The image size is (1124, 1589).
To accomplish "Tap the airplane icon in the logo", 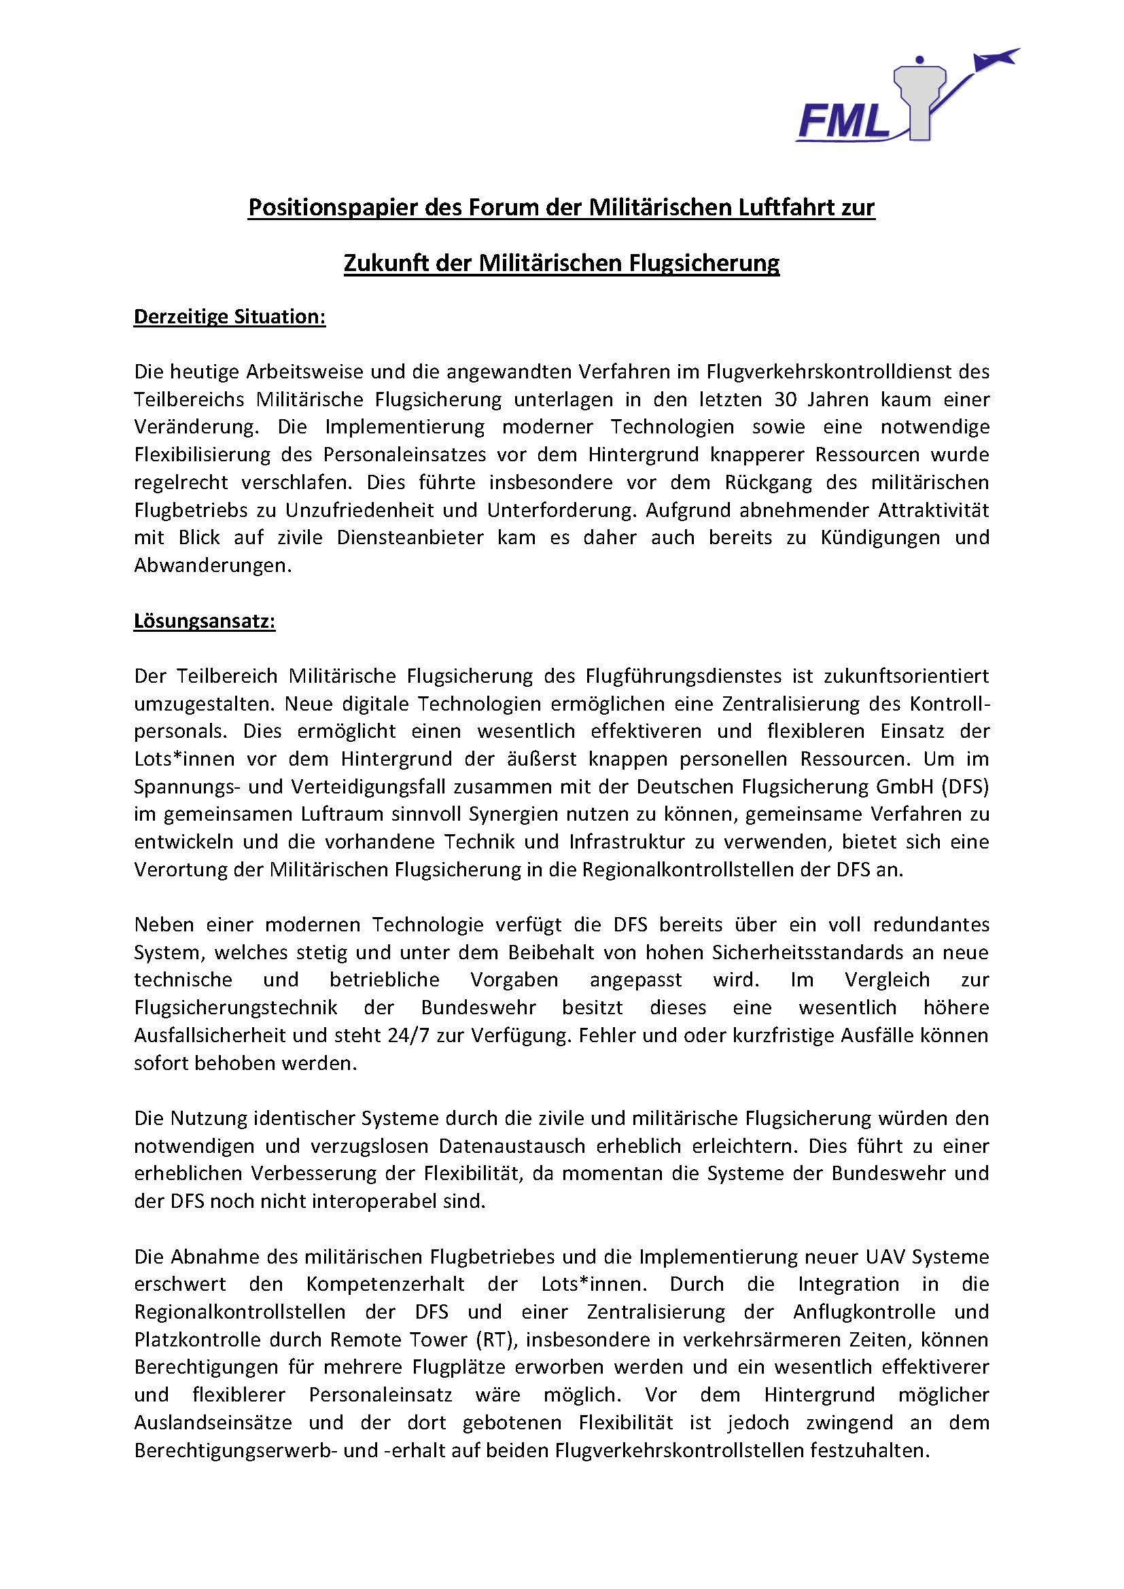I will pos(998,59).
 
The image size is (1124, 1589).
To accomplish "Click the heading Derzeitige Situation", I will pos(229,317).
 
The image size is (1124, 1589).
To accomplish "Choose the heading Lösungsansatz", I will pos(204,622).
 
